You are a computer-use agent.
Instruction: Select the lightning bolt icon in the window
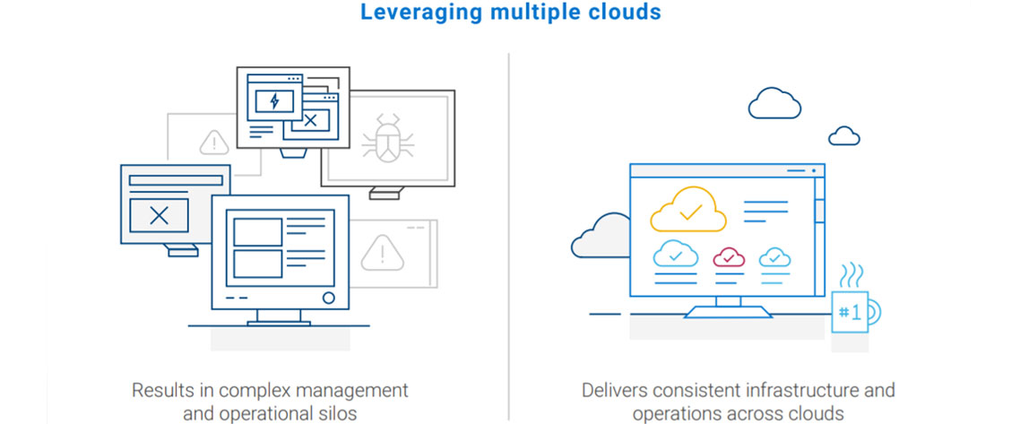pos(274,100)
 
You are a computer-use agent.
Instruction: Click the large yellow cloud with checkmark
pos(688,210)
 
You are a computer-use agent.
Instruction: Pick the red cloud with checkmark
pos(729,257)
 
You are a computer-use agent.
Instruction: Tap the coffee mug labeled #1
pos(851,311)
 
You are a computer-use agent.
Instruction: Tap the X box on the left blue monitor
pos(159,215)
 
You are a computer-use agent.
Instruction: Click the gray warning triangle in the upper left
pos(213,142)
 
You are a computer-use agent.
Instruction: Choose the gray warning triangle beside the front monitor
pos(382,254)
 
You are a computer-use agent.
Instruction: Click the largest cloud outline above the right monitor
pos(774,104)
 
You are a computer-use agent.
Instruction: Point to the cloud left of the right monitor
pos(601,235)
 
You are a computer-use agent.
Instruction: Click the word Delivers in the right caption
pos(611,391)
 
